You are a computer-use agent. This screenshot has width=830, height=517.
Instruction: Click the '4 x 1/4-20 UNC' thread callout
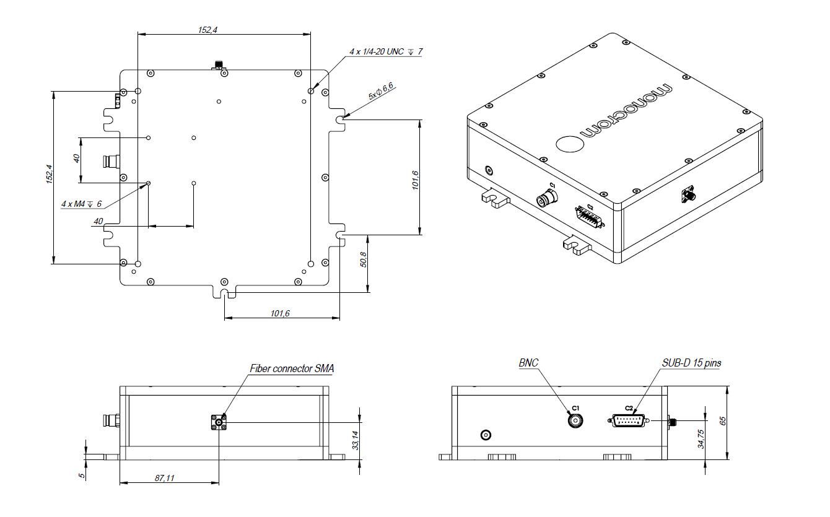coord(385,52)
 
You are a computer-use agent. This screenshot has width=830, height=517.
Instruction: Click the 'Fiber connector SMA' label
coord(291,368)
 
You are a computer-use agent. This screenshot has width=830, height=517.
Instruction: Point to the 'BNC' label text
coord(528,363)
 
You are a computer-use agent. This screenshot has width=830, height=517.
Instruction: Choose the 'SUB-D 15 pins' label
coord(690,363)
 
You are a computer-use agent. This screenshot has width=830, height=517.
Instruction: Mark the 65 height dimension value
coord(722,421)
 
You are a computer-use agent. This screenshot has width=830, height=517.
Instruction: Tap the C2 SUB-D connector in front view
coord(628,420)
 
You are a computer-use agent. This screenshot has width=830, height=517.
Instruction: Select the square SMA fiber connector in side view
coord(219,423)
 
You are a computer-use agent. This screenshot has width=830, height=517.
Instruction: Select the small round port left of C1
coord(486,435)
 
